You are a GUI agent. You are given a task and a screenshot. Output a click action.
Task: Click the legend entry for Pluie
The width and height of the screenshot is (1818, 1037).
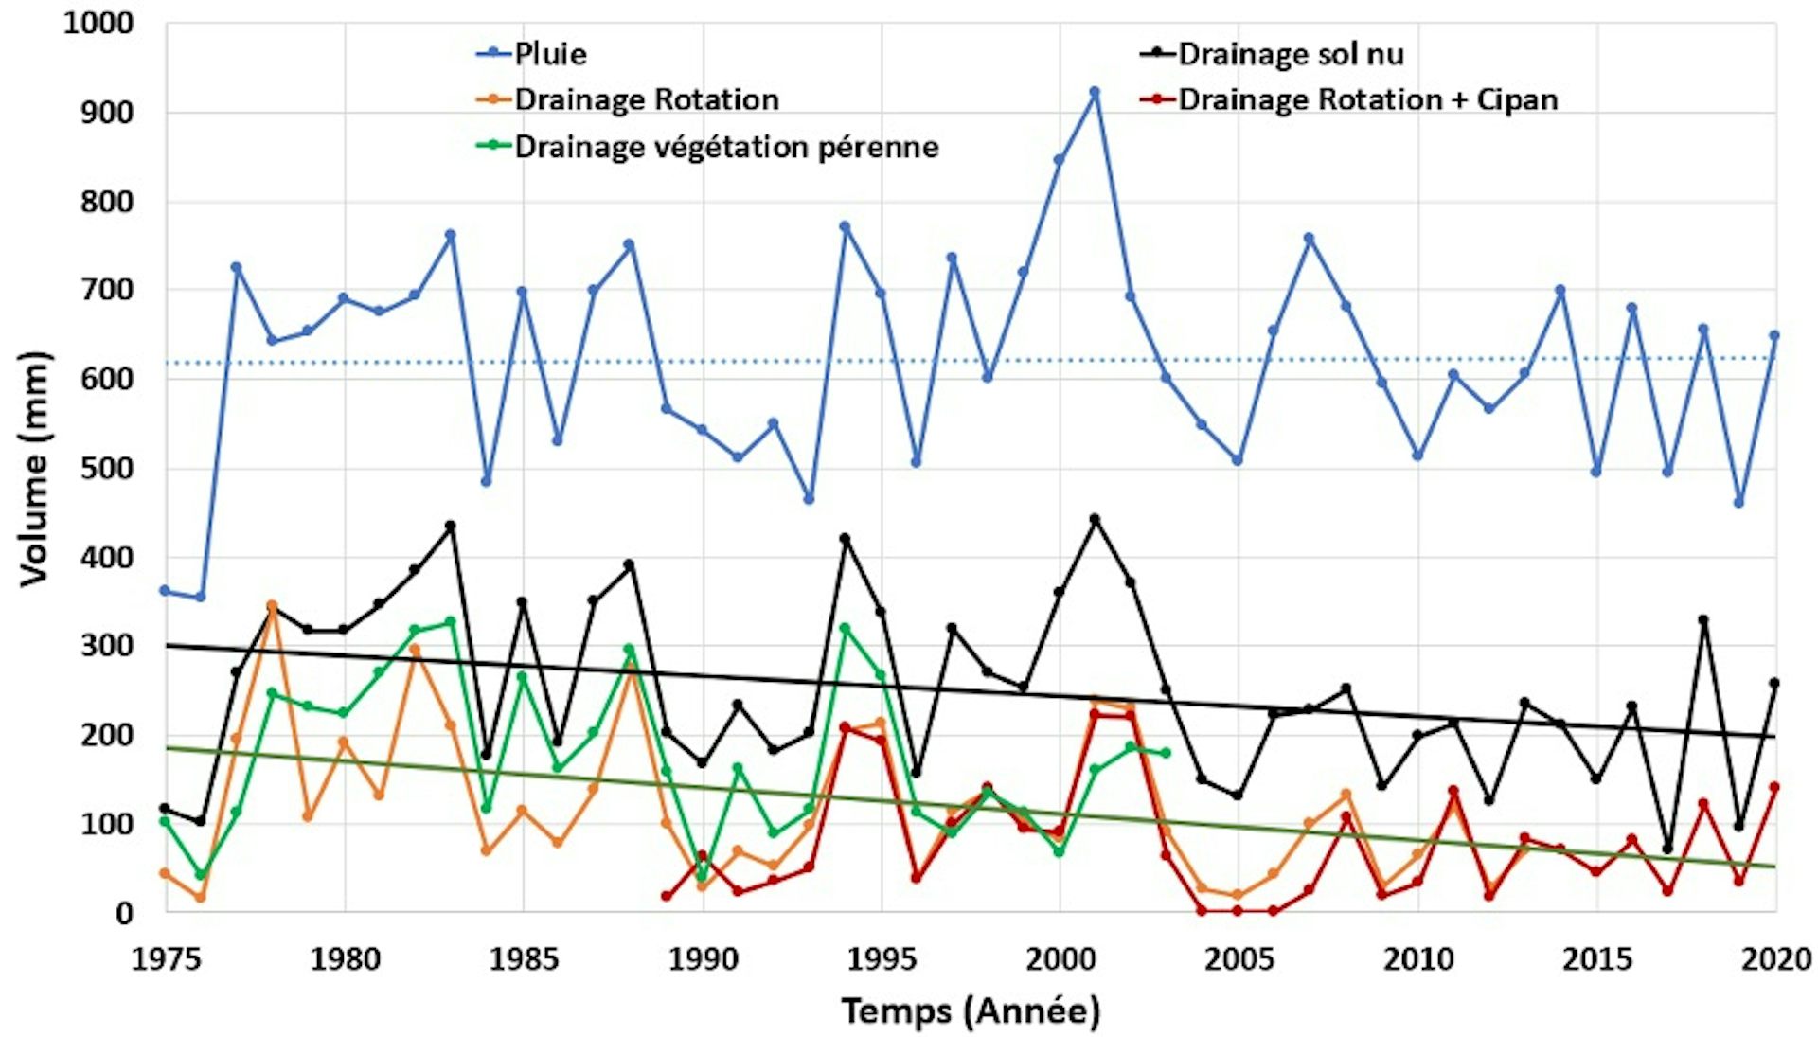point(549,54)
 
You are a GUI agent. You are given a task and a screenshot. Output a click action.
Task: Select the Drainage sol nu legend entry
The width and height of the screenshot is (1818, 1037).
point(1290,54)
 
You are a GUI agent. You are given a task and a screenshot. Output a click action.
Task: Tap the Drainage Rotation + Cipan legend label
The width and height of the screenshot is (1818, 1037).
point(1367,99)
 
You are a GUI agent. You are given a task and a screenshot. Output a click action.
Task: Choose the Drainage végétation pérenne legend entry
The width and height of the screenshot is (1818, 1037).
point(725,147)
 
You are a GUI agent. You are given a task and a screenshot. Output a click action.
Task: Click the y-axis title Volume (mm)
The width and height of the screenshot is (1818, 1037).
point(34,469)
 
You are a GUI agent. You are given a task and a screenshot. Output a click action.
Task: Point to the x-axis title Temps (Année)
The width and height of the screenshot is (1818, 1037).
point(971,1011)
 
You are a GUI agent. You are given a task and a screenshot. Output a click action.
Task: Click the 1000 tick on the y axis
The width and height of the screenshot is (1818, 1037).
point(98,24)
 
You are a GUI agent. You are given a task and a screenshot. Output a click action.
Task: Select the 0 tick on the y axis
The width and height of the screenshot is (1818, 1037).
point(124,914)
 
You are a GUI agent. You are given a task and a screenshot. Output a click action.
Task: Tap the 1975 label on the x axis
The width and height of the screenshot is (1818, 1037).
point(167,959)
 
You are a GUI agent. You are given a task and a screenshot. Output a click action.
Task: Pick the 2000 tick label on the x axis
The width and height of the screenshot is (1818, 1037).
point(1060,959)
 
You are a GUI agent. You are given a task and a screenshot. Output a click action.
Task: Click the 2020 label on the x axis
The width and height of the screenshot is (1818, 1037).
point(1775,959)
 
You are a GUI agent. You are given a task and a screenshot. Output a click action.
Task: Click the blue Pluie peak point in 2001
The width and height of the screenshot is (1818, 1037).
point(1095,93)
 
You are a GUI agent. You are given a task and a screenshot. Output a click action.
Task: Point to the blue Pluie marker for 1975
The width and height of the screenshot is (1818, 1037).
point(165,591)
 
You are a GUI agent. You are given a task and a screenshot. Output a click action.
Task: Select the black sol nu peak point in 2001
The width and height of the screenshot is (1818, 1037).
point(1095,519)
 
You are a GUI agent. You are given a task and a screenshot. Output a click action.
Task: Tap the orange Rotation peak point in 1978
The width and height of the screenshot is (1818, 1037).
point(272,605)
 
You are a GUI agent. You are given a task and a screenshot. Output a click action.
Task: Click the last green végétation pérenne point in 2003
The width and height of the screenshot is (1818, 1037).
point(1166,753)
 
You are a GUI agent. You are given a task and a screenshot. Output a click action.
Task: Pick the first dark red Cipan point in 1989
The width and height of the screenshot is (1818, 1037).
point(666,896)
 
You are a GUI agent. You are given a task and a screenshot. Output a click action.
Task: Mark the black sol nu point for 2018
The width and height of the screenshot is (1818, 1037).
point(1703,620)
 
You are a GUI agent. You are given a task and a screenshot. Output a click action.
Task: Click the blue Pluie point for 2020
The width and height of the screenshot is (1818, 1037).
point(1774,335)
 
